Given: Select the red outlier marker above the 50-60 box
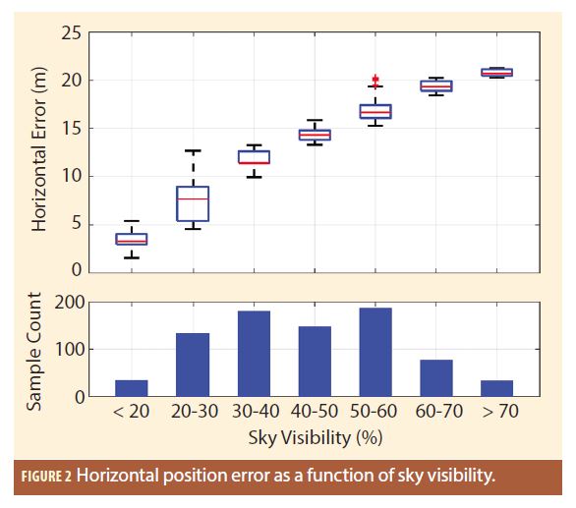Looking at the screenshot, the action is tap(375, 80).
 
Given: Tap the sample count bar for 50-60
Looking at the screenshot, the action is tap(375, 352).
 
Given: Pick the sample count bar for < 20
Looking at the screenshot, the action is tap(132, 388).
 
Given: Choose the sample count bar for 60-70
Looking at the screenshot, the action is tap(436, 378).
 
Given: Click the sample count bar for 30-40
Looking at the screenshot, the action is tap(254, 354).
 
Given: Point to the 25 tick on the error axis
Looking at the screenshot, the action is tap(72, 33).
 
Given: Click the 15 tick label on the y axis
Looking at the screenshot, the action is tap(72, 129).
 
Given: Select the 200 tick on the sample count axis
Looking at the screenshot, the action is tap(70, 303).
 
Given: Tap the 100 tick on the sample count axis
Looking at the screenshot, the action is tap(70, 350).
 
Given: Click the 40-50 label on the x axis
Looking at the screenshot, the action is tap(315, 411).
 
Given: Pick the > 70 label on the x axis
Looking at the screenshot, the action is tap(500, 411).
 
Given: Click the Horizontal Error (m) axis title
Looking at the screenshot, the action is tap(39, 149).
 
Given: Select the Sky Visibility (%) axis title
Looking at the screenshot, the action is tap(316, 438).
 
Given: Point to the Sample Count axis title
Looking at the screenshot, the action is tap(33, 351).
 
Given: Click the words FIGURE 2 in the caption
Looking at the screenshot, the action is tap(46, 477).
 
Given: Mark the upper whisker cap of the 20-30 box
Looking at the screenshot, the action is tap(193, 150).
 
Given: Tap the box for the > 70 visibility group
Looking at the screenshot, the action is tap(497, 73).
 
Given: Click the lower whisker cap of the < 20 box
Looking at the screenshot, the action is tap(132, 257).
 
